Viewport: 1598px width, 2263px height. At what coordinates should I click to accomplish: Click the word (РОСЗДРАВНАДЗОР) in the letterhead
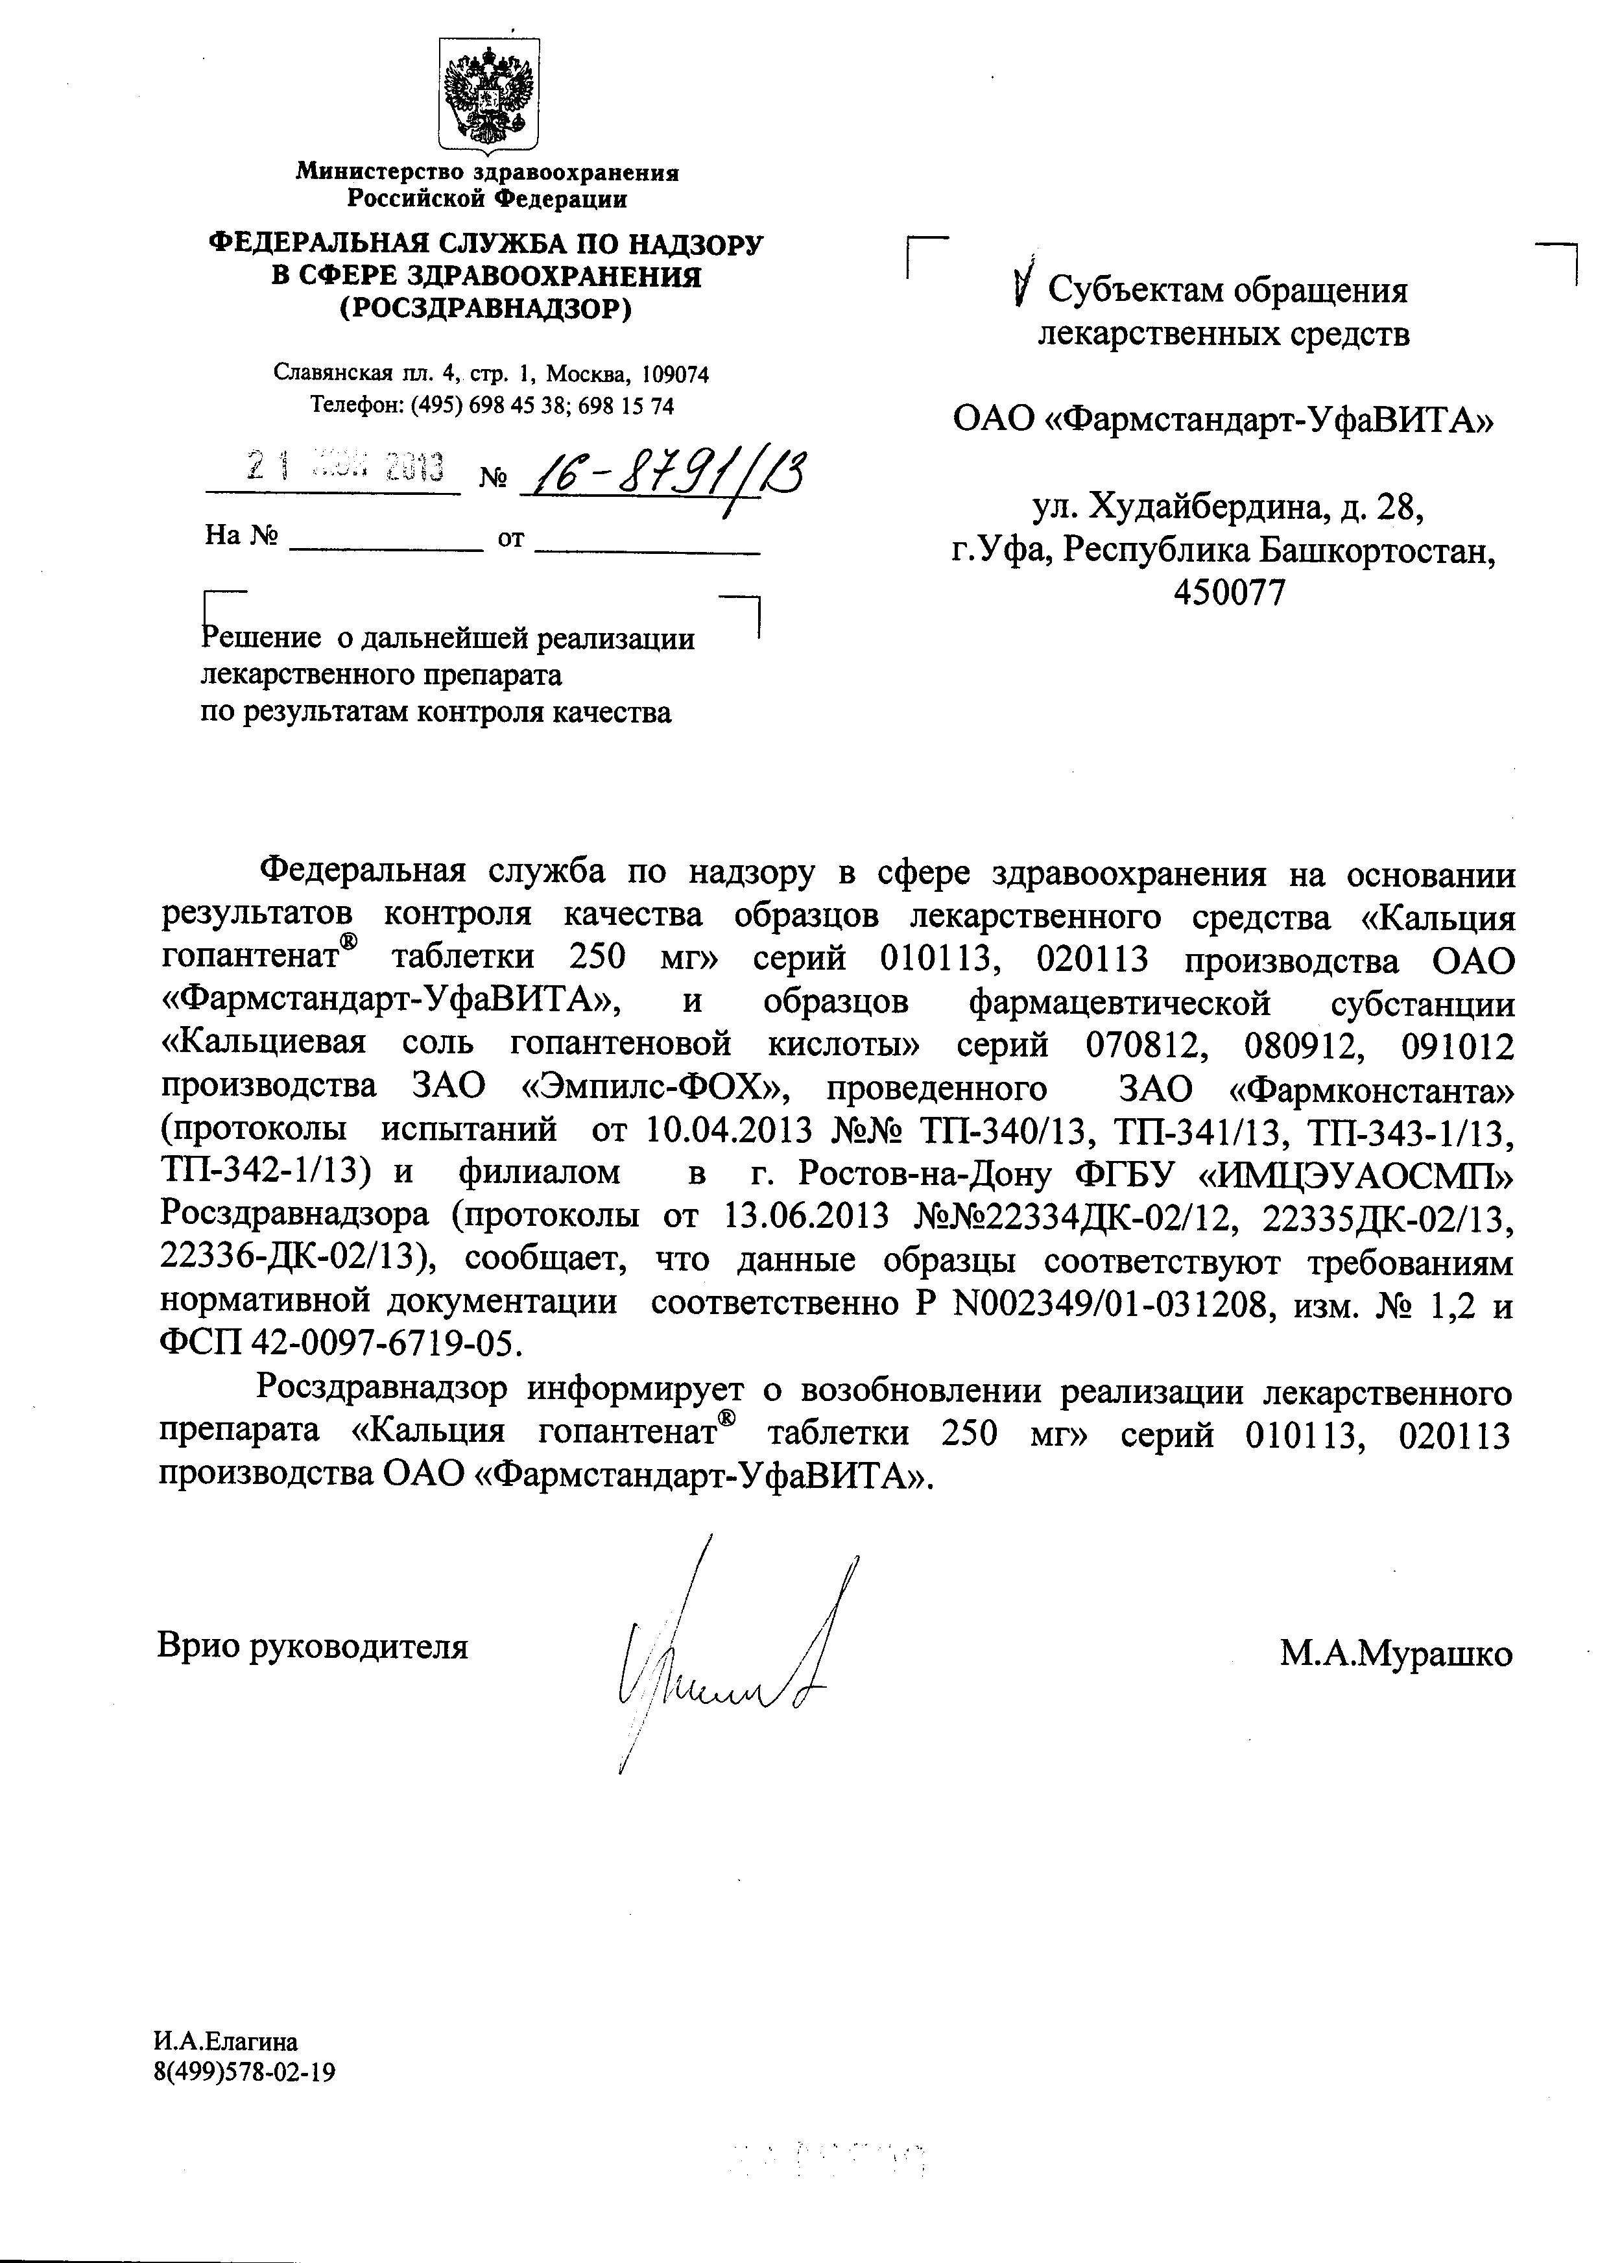pos(485,309)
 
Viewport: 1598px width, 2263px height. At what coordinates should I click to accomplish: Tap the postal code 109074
pos(674,374)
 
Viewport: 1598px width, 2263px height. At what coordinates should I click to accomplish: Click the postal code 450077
pos(1230,592)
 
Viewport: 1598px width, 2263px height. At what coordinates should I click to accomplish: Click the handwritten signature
pos(724,1656)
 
